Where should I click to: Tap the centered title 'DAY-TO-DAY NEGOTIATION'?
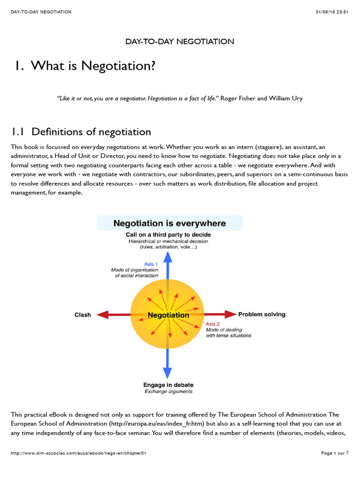[x=180, y=42]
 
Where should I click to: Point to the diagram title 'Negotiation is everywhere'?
[x=170, y=223]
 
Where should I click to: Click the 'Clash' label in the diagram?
[x=83, y=315]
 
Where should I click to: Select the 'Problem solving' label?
[x=262, y=315]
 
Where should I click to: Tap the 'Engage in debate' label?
[x=168, y=385]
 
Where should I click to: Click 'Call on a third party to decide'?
[x=168, y=234]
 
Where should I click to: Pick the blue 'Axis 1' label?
[x=151, y=264]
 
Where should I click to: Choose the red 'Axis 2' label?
[x=212, y=324]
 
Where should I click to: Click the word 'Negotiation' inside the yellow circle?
[x=168, y=315]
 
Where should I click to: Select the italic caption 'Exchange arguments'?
[x=168, y=391]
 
